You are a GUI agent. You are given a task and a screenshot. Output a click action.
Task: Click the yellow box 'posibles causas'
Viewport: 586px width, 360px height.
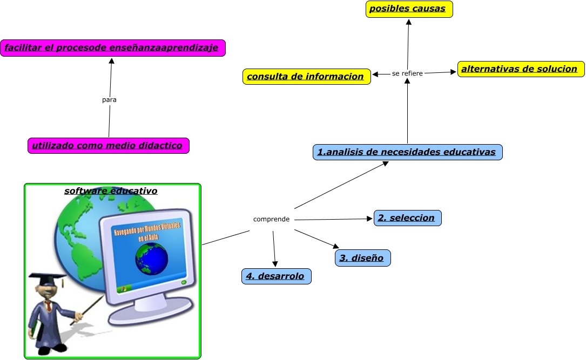tap(409, 9)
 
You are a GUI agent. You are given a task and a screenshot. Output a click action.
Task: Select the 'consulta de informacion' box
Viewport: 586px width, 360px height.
tap(306, 77)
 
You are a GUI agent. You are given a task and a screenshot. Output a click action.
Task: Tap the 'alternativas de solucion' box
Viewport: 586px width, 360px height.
tap(521, 69)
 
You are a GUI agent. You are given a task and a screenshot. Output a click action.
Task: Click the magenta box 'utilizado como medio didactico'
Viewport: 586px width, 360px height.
tap(109, 146)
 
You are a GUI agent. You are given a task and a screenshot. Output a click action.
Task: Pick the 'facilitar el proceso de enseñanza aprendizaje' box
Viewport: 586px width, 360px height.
tap(112, 48)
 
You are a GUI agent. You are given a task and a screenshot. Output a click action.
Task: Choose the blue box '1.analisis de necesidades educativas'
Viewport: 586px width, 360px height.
tap(407, 152)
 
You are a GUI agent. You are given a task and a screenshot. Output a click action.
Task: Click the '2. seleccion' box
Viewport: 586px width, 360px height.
tap(407, 218)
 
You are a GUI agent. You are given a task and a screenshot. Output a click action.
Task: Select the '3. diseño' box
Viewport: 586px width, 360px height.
tap(362, 258)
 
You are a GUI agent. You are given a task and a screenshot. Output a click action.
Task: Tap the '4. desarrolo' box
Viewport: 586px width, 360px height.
tap(276, 276)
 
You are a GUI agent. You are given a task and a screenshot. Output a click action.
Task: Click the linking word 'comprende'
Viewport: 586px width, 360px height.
tap(271, 219)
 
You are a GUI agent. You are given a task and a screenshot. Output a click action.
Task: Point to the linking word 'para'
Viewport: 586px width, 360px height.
tap(109, 100)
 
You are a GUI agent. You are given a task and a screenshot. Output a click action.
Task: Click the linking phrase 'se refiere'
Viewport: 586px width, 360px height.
tap(407, 73)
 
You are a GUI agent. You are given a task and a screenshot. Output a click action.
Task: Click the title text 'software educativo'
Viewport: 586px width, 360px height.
tap(111, 191)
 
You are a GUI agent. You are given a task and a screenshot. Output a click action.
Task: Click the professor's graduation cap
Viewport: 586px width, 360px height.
tap(47, 279)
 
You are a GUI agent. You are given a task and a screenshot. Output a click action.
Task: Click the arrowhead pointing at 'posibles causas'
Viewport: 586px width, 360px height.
tap(409, 22)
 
